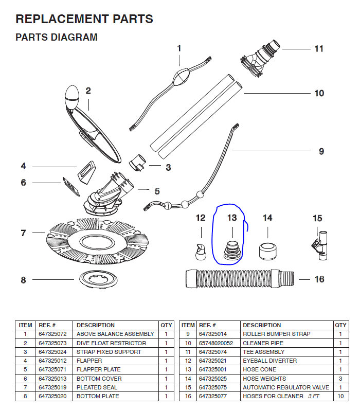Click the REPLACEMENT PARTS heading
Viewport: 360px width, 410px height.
tap(84, 20)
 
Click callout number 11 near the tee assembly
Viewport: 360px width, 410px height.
tap(319, 49)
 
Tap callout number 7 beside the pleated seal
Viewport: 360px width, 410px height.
tap(23, 233)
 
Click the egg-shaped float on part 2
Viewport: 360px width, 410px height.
tap(71, 97)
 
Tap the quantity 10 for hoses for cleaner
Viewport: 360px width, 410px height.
tap(340, 396)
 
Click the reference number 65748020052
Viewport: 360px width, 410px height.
tap(216, 343)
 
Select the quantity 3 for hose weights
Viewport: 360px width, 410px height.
tap(340, 379)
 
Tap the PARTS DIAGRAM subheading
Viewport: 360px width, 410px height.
tap(57, 38)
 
